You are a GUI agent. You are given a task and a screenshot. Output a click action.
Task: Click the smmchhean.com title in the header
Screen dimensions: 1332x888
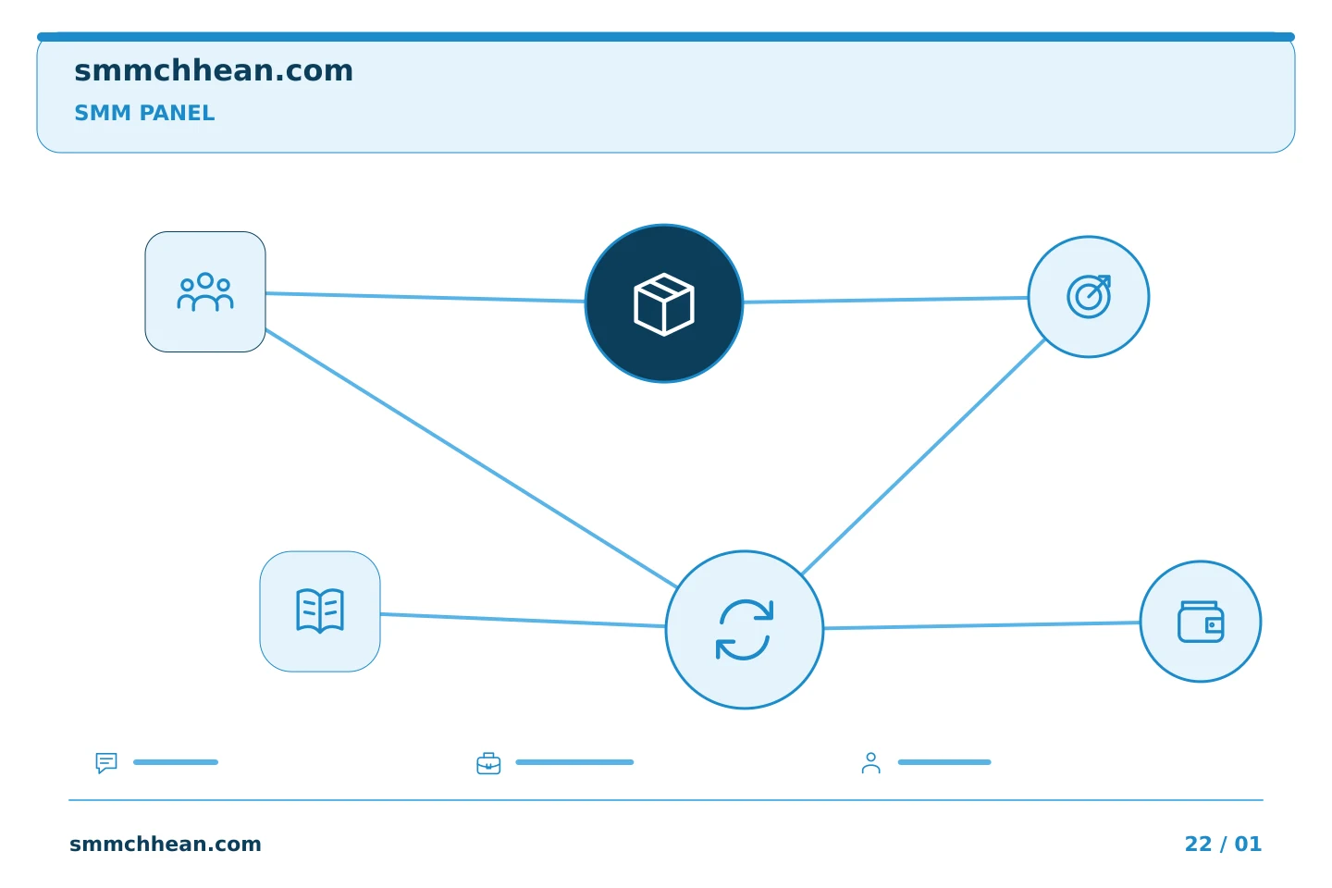pos(214,71)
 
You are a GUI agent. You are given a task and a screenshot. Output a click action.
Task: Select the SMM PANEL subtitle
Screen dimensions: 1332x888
pos(144,113)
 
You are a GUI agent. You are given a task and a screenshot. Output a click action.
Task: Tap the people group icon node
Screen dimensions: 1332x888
pos(205,292)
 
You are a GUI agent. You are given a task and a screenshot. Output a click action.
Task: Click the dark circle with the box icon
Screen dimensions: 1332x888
pos(664,303)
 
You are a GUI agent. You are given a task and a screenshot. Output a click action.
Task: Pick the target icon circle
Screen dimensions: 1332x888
pos(1089,297)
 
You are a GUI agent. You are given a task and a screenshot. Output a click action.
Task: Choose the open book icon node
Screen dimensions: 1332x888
pos(320,611)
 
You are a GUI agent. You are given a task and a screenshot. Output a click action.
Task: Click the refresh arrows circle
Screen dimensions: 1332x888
pos(745,630)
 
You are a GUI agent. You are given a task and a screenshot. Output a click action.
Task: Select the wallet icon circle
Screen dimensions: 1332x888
pos(1201,622)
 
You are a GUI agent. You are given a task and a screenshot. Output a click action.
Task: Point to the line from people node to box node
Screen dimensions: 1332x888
pos(425,298)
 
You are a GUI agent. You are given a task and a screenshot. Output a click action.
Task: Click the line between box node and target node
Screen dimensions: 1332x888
pos(886,300)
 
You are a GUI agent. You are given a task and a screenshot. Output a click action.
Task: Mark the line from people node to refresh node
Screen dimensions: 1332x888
pos(471,458)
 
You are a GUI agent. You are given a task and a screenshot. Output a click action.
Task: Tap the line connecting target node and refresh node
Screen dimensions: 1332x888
pos(923,457)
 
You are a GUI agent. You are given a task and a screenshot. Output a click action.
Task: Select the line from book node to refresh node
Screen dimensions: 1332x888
pos(523,621)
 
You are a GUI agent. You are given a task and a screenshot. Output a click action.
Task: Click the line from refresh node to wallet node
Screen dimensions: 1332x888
pos(981,625)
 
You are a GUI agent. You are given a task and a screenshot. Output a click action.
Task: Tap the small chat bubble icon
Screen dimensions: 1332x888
pos(106,762)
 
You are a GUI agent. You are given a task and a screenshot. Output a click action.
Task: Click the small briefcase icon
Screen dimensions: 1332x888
pos(488,763)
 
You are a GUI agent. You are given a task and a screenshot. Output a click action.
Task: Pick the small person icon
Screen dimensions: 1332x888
pos(871,763)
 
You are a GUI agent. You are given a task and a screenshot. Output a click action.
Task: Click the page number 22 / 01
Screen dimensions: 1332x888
pos(1223,844)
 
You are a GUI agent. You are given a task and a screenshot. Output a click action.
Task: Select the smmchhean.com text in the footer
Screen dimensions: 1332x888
pos(166,844)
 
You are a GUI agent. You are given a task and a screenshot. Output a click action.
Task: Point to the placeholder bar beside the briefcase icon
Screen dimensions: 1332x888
pos(574,762)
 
